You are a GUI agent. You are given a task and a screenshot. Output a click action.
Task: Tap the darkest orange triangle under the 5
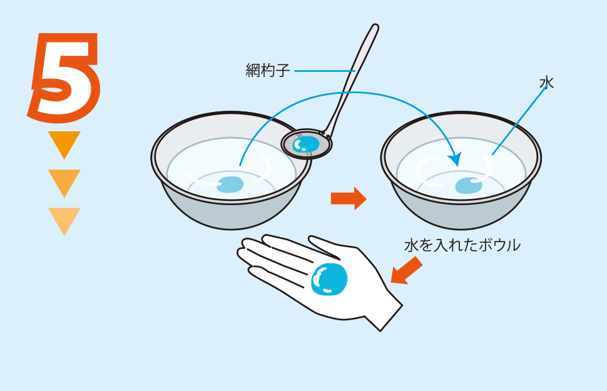pos(64,143)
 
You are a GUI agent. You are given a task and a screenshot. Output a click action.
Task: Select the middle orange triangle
pos(64,181)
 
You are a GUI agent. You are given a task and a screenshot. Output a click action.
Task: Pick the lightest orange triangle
pos(64,220)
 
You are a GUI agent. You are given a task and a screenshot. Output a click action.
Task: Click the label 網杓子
pos(267,71)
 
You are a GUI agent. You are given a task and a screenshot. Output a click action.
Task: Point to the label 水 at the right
pos(546,83)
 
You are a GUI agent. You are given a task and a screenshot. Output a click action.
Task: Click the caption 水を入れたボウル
pos(462,245)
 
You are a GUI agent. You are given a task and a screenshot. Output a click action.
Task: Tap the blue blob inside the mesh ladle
pos(306,144)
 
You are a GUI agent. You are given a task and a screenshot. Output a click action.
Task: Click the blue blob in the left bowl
pos(230,185)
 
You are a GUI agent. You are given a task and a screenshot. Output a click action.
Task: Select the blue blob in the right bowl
pos(469,186)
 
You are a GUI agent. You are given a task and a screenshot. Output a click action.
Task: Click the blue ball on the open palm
pos(329,279)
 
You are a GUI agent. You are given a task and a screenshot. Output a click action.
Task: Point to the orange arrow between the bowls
pos(349,198)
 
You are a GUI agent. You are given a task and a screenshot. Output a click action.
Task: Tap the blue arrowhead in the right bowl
pos(456,159)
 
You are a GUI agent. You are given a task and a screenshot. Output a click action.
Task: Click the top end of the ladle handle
pos(375,26)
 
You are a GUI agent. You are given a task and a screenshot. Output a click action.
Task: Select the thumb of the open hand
pos(324,246)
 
